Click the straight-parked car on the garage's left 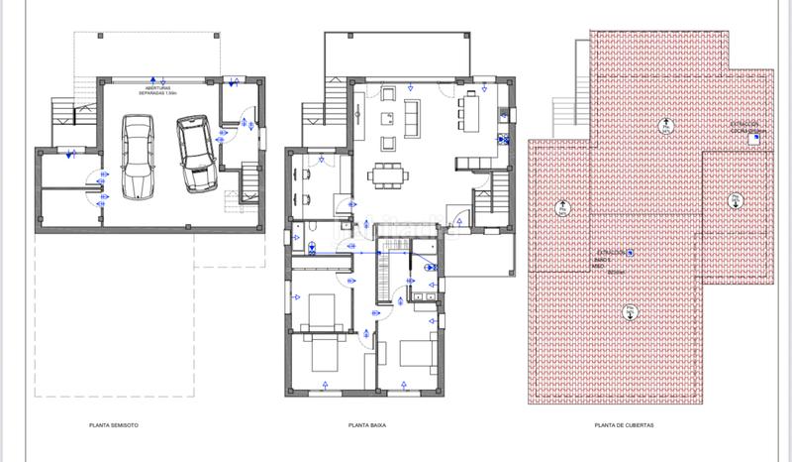pos(138,157)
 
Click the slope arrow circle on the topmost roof pos(665,126)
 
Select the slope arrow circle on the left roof pos(561,207)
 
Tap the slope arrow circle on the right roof pos(735,200)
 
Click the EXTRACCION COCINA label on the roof pos(745,128)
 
